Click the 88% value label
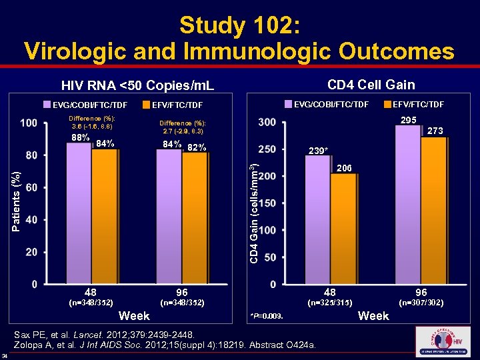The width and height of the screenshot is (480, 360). tap(81, 138)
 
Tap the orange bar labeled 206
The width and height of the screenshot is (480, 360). tap(344, 227)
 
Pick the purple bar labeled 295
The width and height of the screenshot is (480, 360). tap(409, 203)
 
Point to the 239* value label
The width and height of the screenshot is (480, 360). tap(318, 151)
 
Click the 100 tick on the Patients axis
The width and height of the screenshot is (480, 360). tap(29, 123)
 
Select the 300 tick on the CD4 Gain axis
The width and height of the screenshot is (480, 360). tap(267, 123)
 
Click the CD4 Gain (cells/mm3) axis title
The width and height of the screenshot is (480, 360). tap(254, 204)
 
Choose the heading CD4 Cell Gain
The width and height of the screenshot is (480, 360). tap(371, 84)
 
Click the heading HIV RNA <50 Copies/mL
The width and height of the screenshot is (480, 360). tap(137, 85)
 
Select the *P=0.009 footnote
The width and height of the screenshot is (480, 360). tap(266, 315)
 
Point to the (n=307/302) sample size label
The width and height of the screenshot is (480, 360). tap(421, 303)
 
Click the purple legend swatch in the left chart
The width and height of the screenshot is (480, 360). tap(47, 104)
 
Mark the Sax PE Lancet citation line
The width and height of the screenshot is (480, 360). tap(121, 332)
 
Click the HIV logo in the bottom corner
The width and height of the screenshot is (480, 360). tap(442, 341)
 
